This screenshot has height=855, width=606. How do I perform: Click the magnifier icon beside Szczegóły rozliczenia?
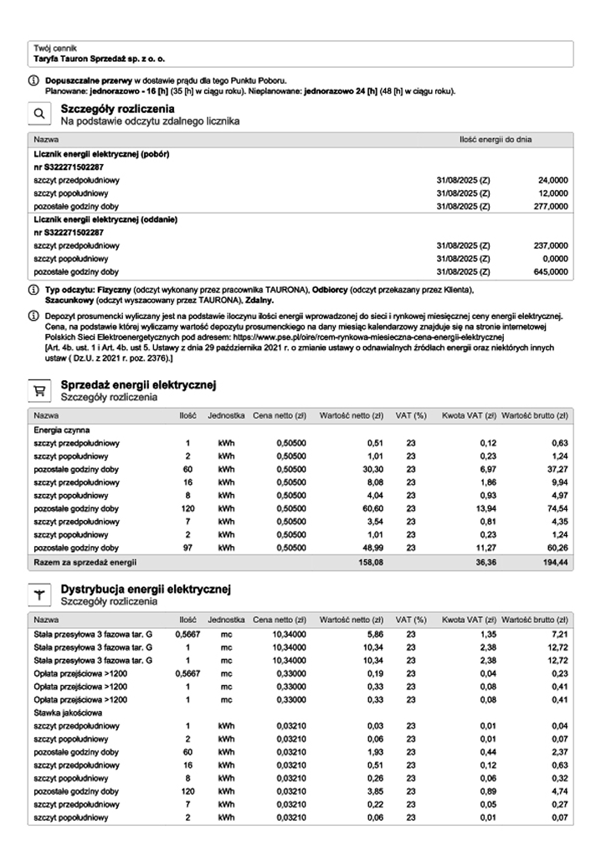(39, 114)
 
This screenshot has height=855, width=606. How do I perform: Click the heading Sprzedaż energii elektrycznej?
(139, 384)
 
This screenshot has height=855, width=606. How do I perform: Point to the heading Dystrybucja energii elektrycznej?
(146, 590)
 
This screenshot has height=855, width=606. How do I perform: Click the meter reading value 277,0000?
(552, 205)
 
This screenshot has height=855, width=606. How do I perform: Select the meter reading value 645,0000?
(552, 271)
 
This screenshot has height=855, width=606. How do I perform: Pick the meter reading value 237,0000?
(552, 245)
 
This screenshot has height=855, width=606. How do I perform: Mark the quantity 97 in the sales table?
(187, 548)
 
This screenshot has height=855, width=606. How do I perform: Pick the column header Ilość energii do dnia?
(496, 139)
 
